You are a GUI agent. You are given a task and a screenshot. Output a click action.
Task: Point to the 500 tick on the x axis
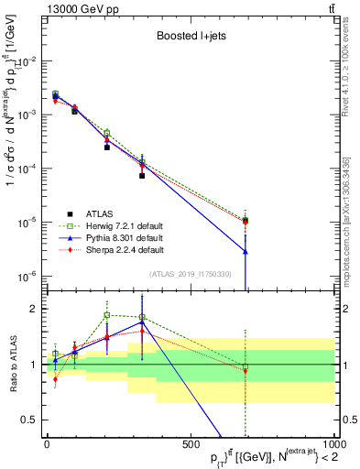point(191,448)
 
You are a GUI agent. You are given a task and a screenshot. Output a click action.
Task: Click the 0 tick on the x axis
point(47,448)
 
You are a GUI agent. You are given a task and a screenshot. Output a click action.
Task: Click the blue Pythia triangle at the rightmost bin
point(245,251)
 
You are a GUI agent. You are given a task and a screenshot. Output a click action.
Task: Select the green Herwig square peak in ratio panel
point(107,315)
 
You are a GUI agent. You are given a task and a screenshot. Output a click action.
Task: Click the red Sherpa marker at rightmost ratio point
point(245,370)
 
